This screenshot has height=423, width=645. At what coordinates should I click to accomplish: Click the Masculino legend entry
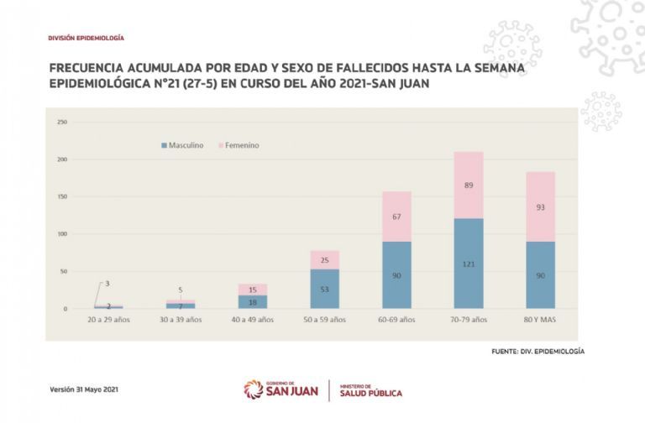pyautogui.click(x=181, y=145)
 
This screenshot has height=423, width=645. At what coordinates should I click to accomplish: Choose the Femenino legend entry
pyautogui.click(x=239, y=145)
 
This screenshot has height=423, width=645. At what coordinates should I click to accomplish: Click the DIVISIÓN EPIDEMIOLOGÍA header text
pyautogui.click(x=86, y=39)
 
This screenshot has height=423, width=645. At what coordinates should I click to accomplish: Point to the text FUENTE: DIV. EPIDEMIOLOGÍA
pyautogui.click(x=537, y=351)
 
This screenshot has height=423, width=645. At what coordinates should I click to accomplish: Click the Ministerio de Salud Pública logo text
pyautogui.click(x=371, y=390)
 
